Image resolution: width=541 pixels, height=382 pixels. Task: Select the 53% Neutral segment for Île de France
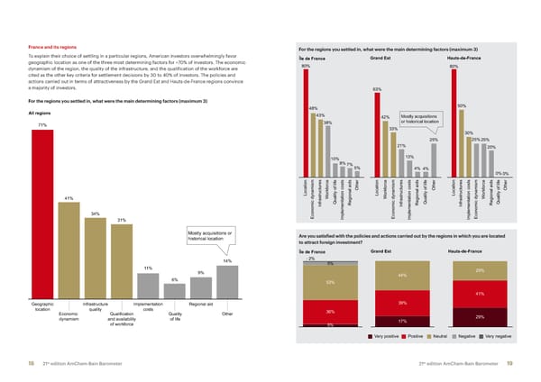point(330,282)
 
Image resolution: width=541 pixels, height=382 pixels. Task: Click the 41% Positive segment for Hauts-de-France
point(480,294)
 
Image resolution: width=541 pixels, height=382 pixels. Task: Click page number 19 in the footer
point(510,362)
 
